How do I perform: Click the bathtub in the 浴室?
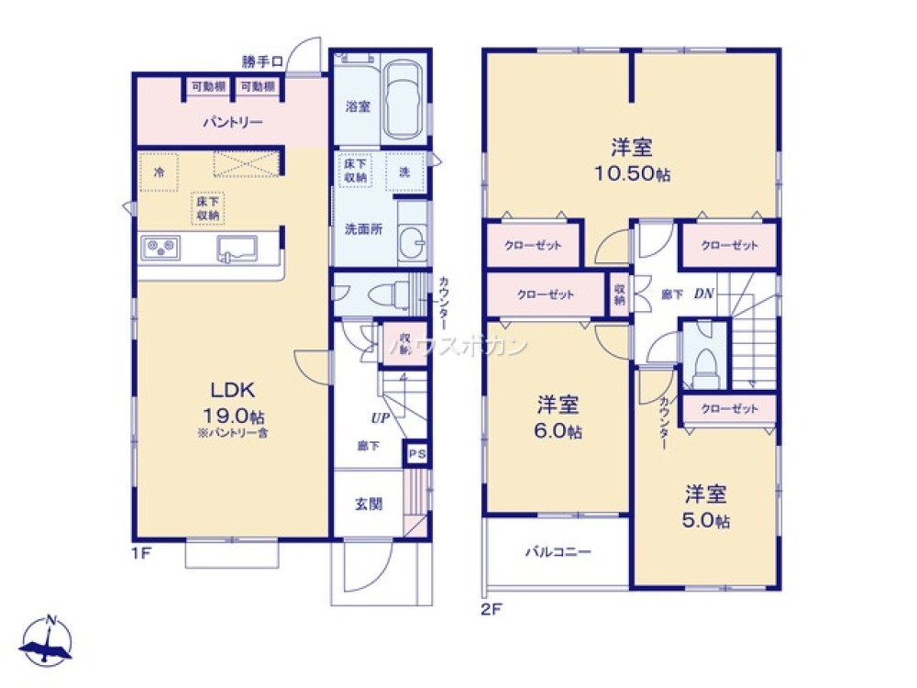pos(403,99)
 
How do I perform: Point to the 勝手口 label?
pos(262,61)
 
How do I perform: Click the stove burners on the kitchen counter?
pos(160,247)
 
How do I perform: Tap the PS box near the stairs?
pos(415,453)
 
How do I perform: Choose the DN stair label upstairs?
pos(704,294)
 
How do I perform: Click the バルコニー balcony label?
pos(558,552)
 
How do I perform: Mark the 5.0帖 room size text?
pos(706,521)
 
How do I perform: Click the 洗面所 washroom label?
pos(364,229)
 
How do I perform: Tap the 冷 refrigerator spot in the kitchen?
pos(160,172)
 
